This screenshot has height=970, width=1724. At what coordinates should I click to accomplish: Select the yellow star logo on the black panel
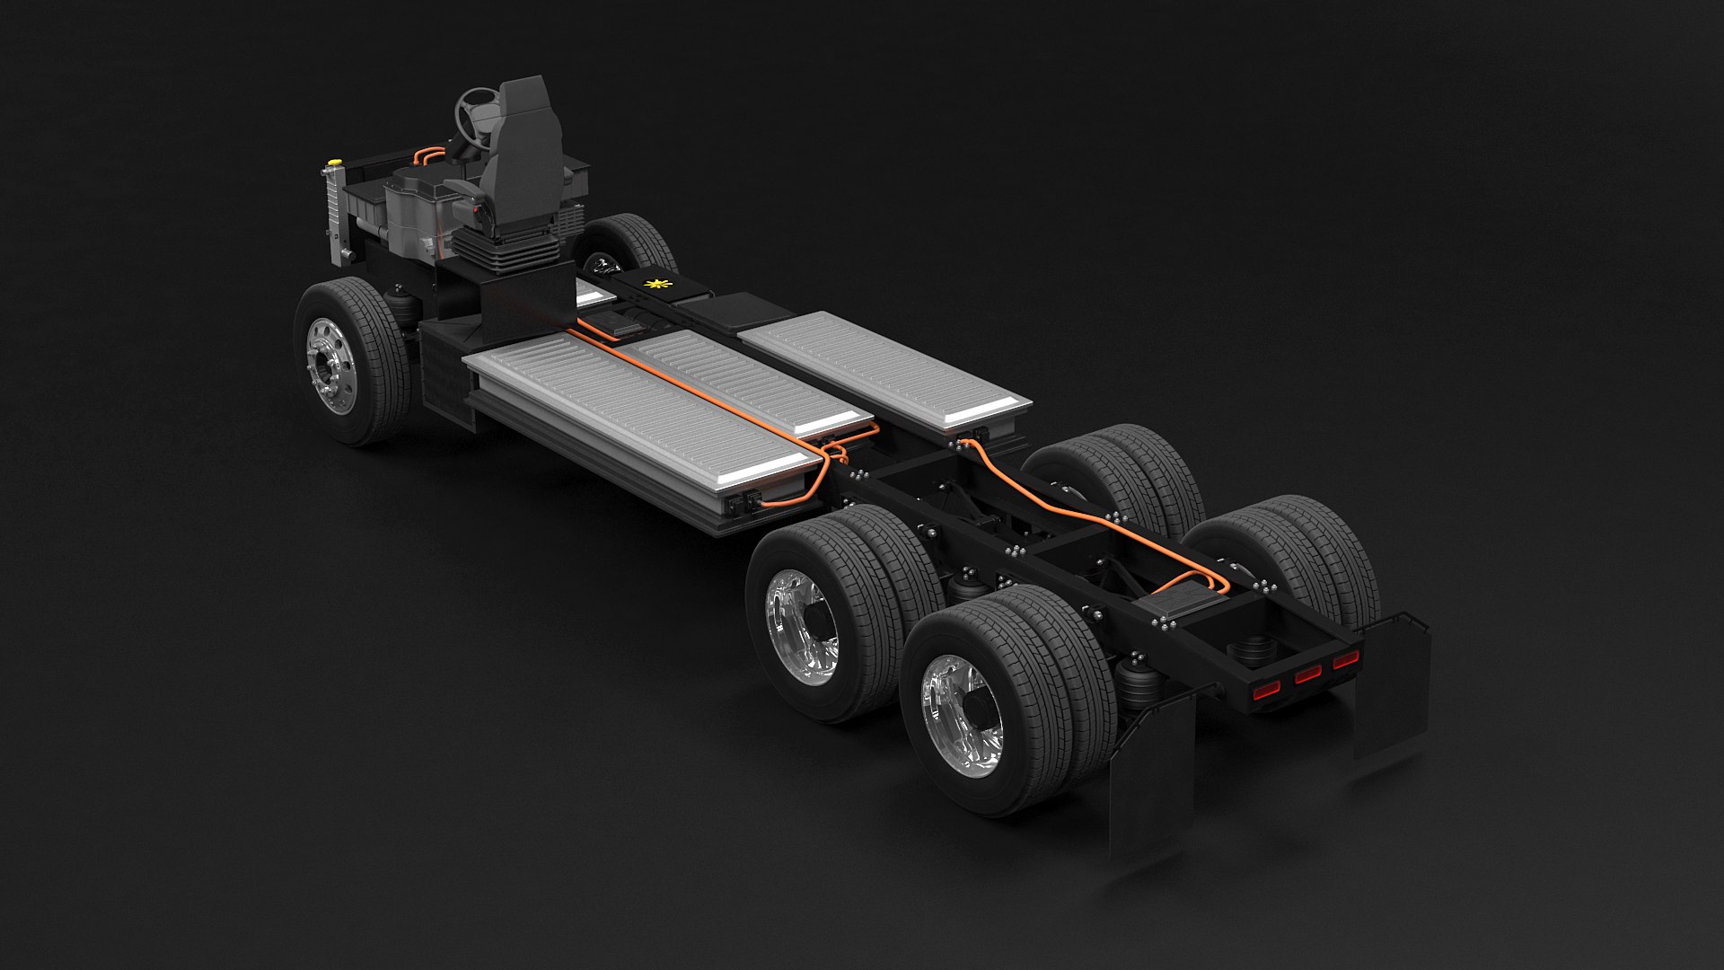point(657,285)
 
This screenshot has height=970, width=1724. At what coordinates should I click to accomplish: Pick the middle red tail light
point(1308,674)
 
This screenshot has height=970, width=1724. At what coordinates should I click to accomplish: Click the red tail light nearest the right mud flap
point(1345,660)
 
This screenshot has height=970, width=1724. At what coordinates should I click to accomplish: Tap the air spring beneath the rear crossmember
point(1253,652)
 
